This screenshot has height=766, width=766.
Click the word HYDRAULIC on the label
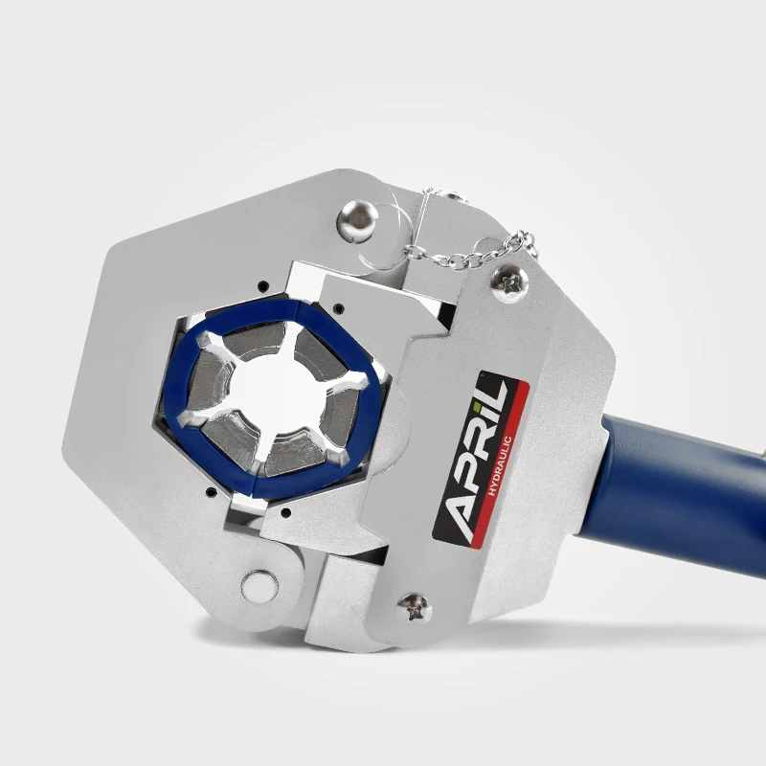click(x=500, y=466)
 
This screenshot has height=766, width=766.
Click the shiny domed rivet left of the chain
click(x=359, y=218)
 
